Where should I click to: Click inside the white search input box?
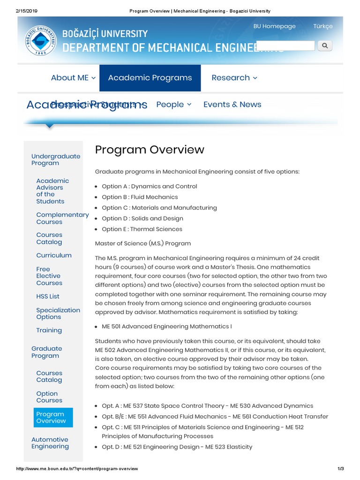286,45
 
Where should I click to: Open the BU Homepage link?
274,26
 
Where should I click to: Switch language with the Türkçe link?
323,26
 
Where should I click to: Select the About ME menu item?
73,78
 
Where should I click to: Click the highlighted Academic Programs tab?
150,78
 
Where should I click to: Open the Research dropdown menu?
234,78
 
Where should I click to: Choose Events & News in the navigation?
232,105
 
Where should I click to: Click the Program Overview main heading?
150,150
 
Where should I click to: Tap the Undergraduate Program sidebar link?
55,159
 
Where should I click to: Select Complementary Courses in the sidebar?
62,218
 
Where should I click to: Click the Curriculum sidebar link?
54,255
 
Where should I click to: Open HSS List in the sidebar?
48,296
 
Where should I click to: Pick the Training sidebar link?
49,330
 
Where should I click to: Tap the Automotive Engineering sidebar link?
50,443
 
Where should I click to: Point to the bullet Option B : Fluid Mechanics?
140,197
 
